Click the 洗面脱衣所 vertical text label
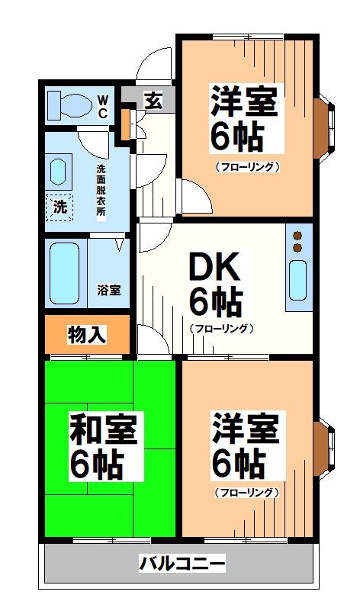pos(101,190)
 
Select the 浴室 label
pos(108,290)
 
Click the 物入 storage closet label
pos(87,334)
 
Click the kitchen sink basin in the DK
pos(297,280)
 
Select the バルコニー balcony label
pos(182,564)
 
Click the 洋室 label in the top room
pos(244,101)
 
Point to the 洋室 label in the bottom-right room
pos(245,428)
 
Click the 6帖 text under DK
pos(215,304)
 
